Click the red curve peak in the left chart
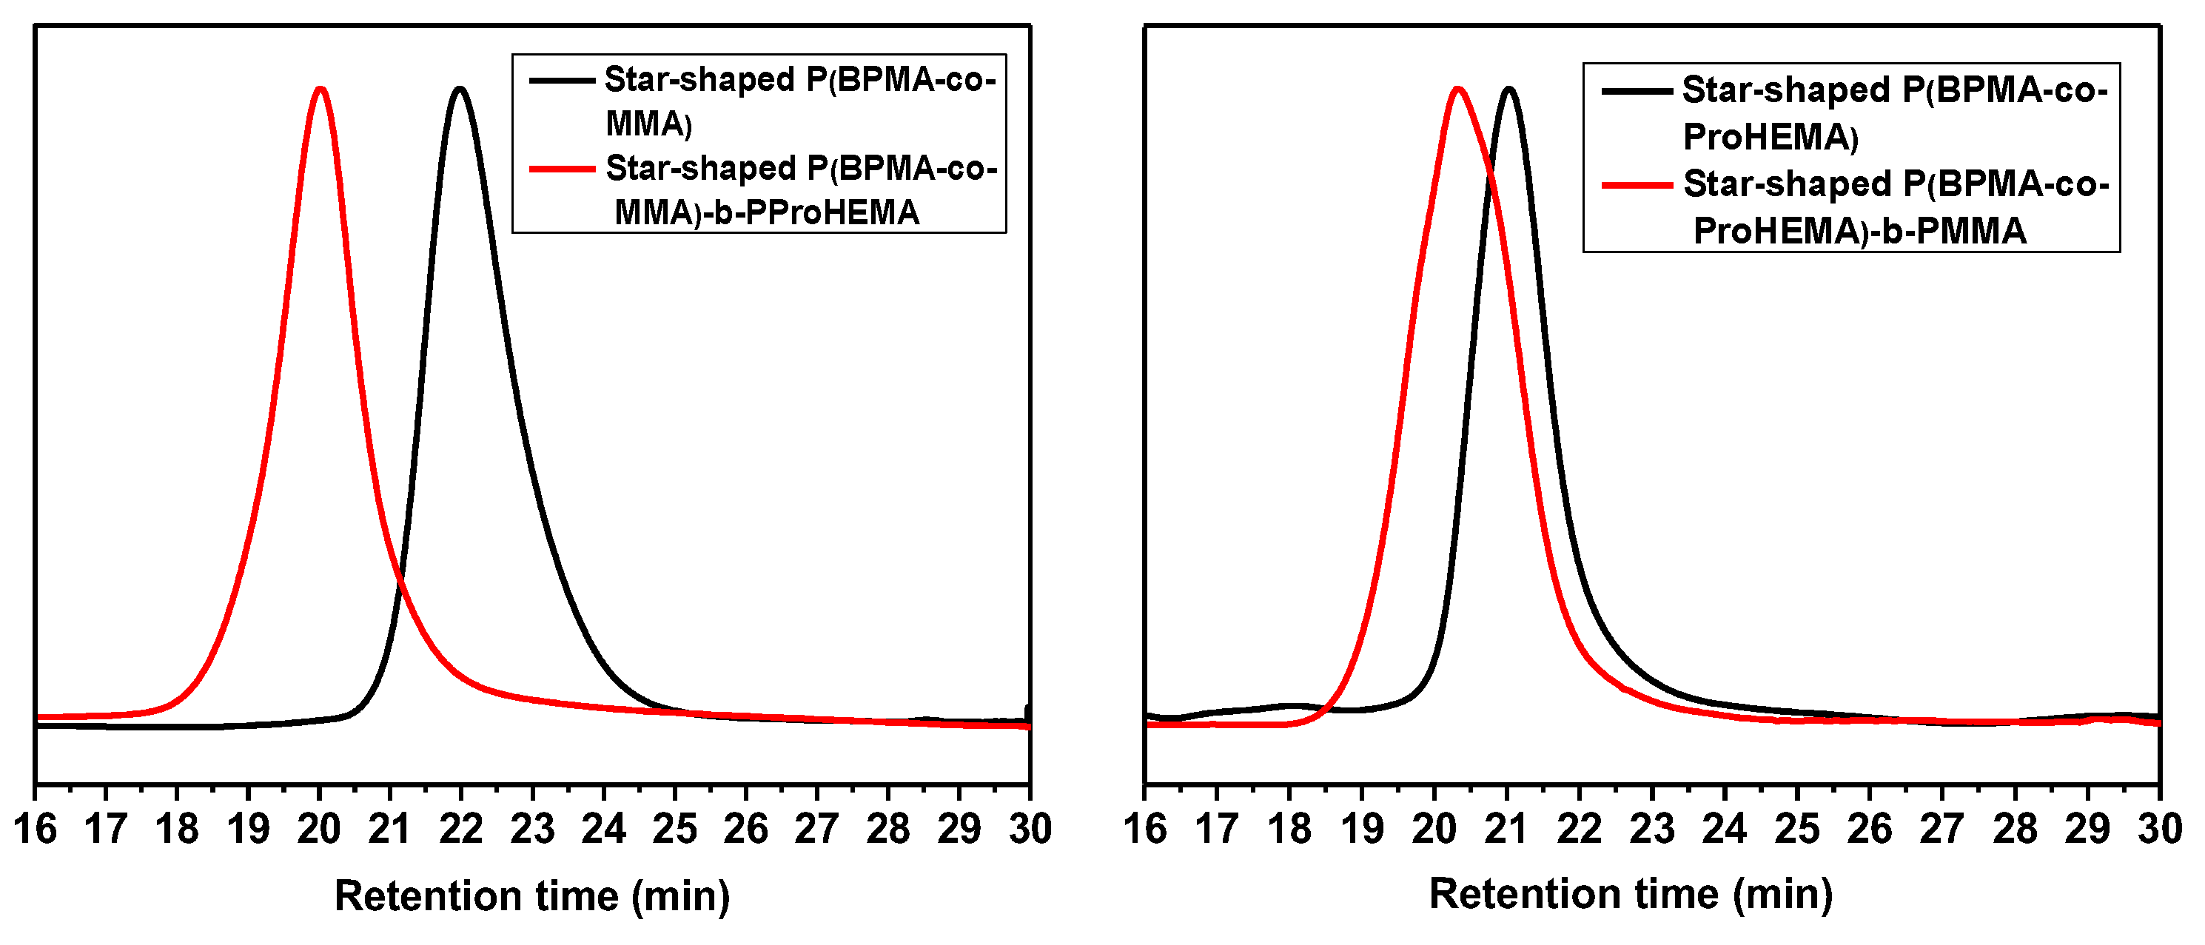[x=320, y=89]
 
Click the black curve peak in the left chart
[x=460, y=89]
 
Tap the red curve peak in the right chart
[x=1457, y=89]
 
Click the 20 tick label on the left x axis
[x=319, y=829]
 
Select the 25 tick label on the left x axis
[x=674, y=829]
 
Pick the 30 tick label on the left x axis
[x=1030, y=829]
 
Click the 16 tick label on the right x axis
[x=1144, y=829]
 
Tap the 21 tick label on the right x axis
[x=1506, y=829]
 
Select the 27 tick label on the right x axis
[x=1941, y=829]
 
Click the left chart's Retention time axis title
[x=531, y=896]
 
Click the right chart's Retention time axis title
[x=1631, y=895]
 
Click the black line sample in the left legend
[x=562, y=81]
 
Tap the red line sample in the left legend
[x=562, y=169]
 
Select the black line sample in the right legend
[x=1637, y=91]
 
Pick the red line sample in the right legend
[x=1637, y=185]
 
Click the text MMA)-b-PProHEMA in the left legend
[x=767, y=212]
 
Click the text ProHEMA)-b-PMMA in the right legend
[x=1859, y=231]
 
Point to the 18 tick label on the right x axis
[x=1289, y=829]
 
